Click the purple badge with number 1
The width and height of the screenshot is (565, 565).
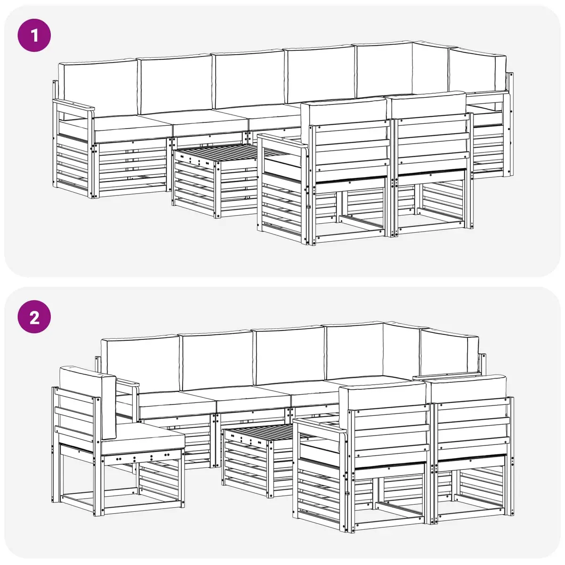pyautogui.click(x=34, y=35)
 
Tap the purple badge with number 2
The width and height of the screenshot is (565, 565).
pyautogui.click(x=34, y=317)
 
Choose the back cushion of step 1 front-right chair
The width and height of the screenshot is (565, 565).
pyautogui.click(x=429, y=105)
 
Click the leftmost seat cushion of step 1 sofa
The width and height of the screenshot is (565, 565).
pyautogui.click(x=132, y=128)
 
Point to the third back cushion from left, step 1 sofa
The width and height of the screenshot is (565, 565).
pyautogui.click(x=249, y=80)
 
